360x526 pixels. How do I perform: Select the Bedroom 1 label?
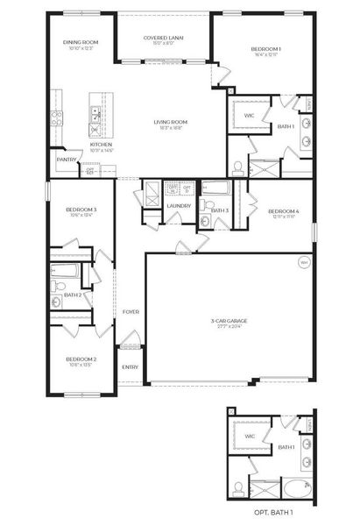(265, 49)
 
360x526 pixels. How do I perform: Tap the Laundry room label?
(179, 206)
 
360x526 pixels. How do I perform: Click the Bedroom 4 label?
(283, 211)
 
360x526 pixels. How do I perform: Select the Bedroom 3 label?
(81, 210)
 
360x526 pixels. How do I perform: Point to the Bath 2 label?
(74, 295)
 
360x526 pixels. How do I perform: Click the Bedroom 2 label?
(81, 359)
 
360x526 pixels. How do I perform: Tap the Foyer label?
(131, 311)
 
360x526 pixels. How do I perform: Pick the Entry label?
(130, 366)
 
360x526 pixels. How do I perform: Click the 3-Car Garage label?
(229, 321)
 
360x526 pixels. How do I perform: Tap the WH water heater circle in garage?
(304, 261)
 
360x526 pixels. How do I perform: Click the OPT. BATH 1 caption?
(272, 510)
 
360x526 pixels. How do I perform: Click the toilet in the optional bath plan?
(238, 487)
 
